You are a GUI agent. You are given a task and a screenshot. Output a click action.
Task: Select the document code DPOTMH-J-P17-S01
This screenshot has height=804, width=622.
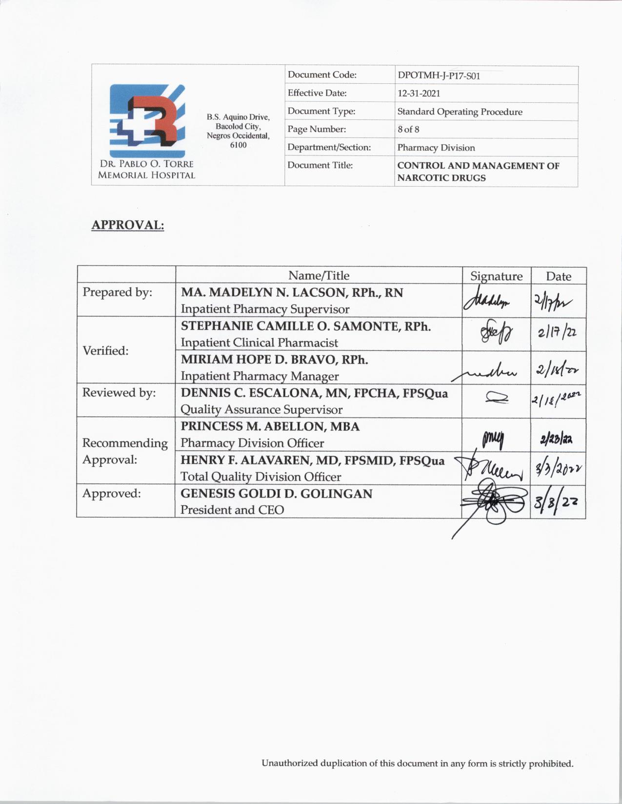(439, 76)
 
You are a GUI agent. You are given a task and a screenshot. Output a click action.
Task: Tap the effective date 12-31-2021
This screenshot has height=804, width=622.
(419, 93)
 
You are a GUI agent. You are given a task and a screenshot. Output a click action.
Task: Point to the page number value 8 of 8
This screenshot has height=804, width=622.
(408, 129)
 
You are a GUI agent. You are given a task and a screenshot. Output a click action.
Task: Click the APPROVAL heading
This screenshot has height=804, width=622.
(128, 225)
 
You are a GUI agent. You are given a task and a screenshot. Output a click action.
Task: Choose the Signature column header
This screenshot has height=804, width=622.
(496, 276)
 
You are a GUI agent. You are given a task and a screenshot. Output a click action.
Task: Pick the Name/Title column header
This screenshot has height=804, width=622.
(319, 275)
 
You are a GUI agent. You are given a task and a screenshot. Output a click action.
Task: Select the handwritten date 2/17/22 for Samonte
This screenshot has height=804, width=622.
(557, 333)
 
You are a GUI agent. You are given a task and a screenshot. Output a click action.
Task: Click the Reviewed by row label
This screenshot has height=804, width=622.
(119, 393)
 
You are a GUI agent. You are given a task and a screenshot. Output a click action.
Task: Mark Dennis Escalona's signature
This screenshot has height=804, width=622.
(497, 399)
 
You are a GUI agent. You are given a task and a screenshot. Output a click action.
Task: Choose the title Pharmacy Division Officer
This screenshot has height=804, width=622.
(252, 443)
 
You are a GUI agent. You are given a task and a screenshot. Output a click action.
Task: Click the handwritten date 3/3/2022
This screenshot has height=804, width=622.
(558, 468)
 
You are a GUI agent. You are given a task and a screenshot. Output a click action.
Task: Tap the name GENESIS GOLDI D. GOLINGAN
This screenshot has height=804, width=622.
(276, 494)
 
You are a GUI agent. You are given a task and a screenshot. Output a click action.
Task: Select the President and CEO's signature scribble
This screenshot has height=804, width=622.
(494, 502)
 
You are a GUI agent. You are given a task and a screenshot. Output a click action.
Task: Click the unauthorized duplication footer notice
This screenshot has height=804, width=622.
(417, 764)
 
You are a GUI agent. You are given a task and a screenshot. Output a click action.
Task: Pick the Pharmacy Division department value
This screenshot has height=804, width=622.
(436, 148)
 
